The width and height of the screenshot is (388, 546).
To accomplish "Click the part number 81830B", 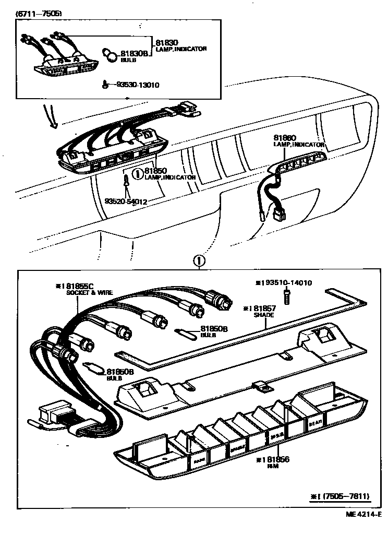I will [x=135, y=54].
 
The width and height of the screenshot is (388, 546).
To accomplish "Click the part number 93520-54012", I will [x=125, y=201].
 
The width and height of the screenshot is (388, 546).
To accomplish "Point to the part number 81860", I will [x=284, y=138].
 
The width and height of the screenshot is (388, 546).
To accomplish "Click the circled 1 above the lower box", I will [x=199, y=260].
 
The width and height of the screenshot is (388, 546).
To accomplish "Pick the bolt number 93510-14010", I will [x=285, y=283].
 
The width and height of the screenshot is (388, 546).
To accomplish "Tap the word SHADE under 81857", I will [x=260, y=315].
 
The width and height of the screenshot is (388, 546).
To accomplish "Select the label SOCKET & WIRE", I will [x=89, y=293].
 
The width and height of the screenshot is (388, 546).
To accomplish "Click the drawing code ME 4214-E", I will [x=363, y=529].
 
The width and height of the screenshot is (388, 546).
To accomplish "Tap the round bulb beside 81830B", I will [x=111, y=55].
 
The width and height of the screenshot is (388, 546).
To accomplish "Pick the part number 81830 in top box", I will [x=166, y=42].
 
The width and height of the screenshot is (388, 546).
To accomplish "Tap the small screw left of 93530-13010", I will [x=106, y=84].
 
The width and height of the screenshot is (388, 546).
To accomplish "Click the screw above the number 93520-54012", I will [x=125, y=180].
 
